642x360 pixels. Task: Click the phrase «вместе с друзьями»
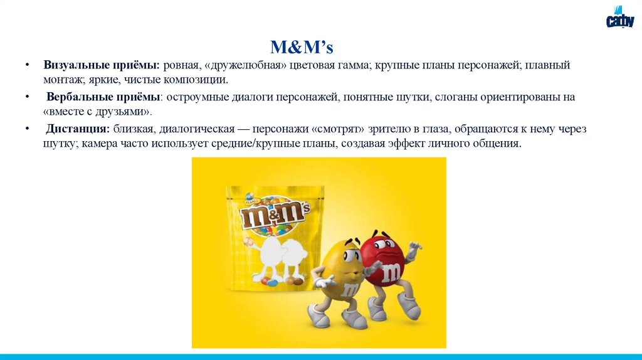pyautogui.click(x=97, y=112)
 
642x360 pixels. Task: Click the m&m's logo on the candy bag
pyautogui.click(x=275, y=214)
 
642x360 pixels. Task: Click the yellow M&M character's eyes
pyautogui.click(x=352, y=255)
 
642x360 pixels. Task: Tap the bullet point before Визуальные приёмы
pyautogui.click(x=28, y=66)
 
